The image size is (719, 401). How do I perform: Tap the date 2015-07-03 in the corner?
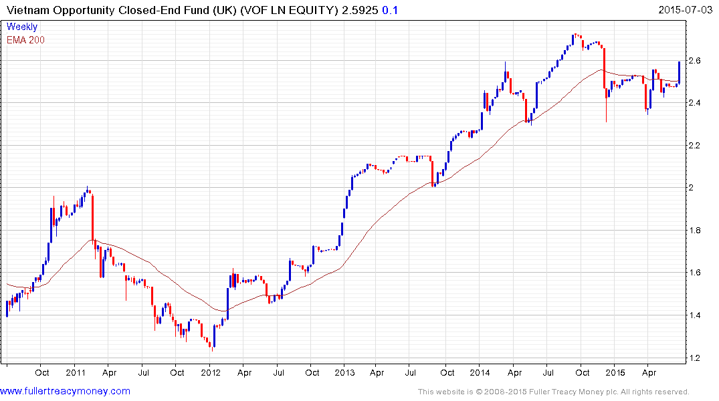click(x=687, y=9)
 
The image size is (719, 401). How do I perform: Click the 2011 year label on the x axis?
click(x=76, y=372)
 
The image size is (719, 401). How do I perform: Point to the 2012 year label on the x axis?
click(x=211, y=372)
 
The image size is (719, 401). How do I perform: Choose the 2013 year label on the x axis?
click(x=344, y=372)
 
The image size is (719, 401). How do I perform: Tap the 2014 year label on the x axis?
click(x=480, y=372)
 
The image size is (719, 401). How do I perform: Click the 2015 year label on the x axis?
click(x=615, y=372)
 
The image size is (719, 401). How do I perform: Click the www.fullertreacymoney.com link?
click(x=66, y=391)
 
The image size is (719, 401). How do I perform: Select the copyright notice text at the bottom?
click(x=553, y=392)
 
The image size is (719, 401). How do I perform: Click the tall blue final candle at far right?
click(x=679, y=72)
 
